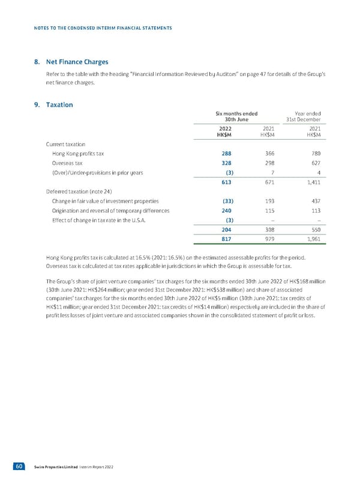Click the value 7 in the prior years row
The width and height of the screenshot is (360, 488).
point(272,173)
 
